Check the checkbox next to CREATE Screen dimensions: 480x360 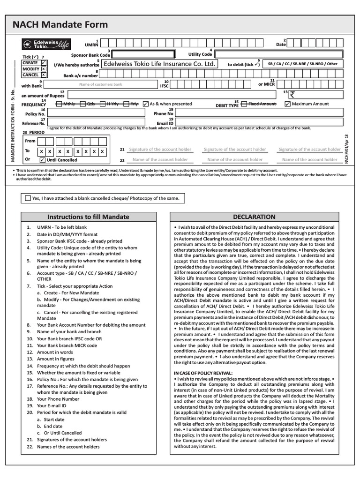click(44, 62)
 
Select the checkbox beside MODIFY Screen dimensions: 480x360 click(44, 68)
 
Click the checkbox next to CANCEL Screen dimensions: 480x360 click(44, 75)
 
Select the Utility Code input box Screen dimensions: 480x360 click(279, 54)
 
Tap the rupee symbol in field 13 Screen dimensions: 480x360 click(292, 94)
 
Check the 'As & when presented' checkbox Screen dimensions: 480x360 click(145, 104)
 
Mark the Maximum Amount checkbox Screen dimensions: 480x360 click(287, 104)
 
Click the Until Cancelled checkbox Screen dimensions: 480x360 click(42, 160)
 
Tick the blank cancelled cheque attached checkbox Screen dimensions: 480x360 click(28, 198)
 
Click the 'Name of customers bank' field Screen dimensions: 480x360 click(100, 84)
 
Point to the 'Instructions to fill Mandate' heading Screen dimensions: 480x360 click(88, 217)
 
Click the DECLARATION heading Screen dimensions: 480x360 click(254, 217)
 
